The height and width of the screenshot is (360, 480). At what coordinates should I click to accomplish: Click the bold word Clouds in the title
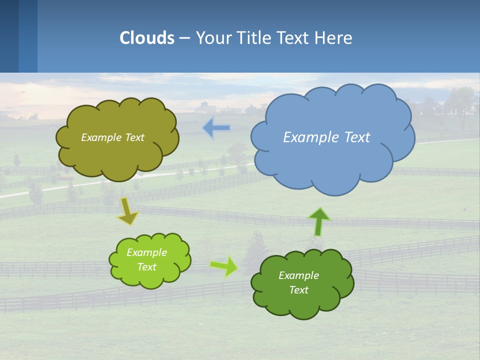(x=147, y=38)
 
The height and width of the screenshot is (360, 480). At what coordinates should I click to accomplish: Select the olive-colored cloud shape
(x=117, y=157)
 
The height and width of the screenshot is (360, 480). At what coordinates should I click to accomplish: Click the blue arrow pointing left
(x=216, y=128)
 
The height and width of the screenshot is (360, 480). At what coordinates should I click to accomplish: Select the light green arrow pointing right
(x=223, y=265)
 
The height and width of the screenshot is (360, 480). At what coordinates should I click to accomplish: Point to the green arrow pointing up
(x=319, y=221)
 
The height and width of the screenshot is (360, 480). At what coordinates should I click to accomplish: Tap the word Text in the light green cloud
(x=147, y=267)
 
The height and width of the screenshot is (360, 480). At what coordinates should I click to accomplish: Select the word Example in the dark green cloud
(x=298, y=275)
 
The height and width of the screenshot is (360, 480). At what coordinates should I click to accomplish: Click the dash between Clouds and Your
(x=184, y=38)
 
